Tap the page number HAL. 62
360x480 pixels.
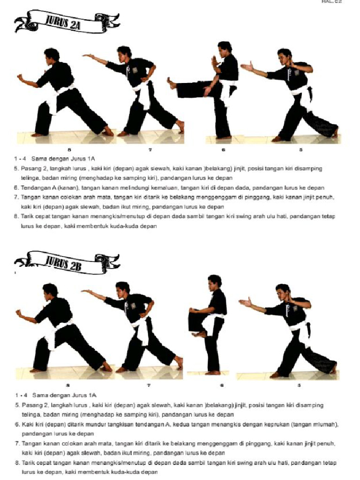click(332, 2)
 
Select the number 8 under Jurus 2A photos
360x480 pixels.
click(69, 150)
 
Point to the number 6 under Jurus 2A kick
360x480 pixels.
click(224, 150)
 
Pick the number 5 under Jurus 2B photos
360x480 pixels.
click(300, 385)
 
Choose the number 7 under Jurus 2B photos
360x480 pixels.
click(149, 385)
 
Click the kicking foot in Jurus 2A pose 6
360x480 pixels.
click(172, 84)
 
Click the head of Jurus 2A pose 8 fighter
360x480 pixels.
click(52, 55)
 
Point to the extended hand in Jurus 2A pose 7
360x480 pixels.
click(88, 56)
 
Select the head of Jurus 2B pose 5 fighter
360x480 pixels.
click(283, 292)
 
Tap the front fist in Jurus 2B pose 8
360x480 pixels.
click(19, 313)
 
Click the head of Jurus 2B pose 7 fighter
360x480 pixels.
click(122, 289)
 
